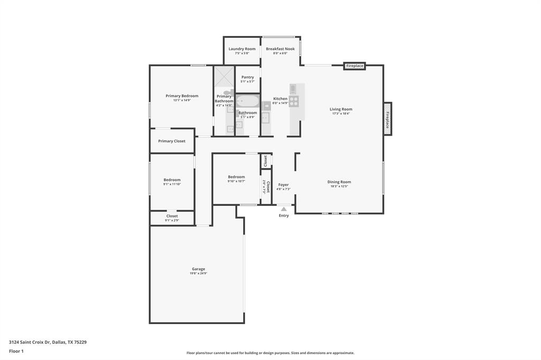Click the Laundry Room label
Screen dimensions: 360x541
tap(242, 49)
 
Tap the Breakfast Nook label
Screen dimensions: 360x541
tap(280, 49)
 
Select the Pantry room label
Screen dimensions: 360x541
tap(247, 77)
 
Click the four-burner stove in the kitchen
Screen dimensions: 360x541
tap(294, 101)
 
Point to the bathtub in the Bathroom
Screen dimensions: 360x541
tap(247, 101)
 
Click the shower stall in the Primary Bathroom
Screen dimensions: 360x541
tap(224, 77)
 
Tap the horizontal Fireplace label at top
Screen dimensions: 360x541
tap(355, 66)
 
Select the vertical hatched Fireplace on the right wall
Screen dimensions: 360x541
tap(387, 119)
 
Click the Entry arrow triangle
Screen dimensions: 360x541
tap(284, 209)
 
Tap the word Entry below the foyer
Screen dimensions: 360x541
tap(284, 215)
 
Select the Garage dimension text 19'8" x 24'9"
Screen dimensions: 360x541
tap(199, 273)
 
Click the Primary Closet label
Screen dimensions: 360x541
tap(172, 141)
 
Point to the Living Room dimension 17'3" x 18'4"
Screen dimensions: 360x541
tap(341, 113)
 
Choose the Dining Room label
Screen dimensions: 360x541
tap(339, 182)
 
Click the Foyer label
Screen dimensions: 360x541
tap(284, 185)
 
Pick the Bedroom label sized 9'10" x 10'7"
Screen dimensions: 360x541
tap(236, 177)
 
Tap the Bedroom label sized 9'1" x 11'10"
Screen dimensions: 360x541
tap(172, 180)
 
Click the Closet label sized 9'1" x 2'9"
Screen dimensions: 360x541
tap(172, 216)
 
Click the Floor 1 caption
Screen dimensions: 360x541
tap(16, 351)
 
